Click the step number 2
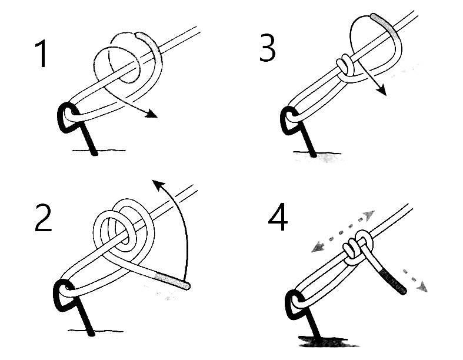pyautogui.click(x=44, y=218)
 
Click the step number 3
pyautogui.click(x=267, y=48)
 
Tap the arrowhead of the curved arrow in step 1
pyautogui.click(x=152, y=114)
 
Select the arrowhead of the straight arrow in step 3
pyautogui.click(x=382, y=90)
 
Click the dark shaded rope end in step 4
pyautogui.click(x=394, y=281)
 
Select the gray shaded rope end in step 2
pyautogui.click(x=171, y=280)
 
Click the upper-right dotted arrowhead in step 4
pyautogui.click(x=369, y=215)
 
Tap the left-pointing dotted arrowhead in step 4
pyautogui.click(x=318, y=246)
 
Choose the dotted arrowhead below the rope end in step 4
pyautogui.click(x=422, y=286)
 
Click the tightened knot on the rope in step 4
pyautogui.click(x=357, y=248)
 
